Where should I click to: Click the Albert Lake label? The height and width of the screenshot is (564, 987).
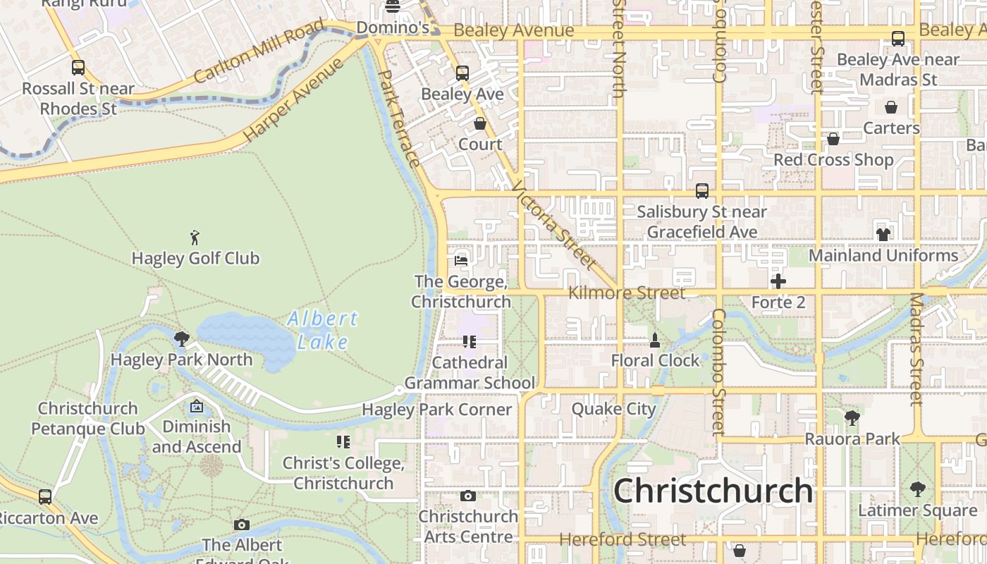point(322,330)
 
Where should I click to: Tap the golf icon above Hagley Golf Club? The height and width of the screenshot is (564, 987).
point(195,238)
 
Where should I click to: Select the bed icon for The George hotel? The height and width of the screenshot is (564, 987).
point(461,260)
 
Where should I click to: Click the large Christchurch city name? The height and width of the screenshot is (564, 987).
point(713,491)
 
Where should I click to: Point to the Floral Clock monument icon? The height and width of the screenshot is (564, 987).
point(655,341)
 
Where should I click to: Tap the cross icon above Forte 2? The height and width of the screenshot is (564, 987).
point(778,282)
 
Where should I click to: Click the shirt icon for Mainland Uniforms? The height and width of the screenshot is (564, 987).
point(883,235)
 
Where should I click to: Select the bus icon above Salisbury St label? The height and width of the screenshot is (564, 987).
point(701,190)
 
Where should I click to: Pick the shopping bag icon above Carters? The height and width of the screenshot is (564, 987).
point(891,108)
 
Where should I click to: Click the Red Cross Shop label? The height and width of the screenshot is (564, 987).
point(833,160)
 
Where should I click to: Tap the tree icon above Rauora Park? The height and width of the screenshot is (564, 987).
point(852,418)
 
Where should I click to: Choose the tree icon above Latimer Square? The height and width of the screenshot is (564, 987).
point(917,489)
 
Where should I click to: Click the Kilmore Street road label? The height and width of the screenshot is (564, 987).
point(627,293)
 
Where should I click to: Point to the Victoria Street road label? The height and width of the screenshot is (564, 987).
point(554,225)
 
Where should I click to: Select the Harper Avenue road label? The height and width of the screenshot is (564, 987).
point(293,100)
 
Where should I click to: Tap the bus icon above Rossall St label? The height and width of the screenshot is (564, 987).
point(78,68)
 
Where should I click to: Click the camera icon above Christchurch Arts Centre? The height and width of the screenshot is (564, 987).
point(467,496)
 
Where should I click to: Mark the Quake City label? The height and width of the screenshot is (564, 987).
point(613,409)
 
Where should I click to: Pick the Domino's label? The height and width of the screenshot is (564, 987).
point(393,28)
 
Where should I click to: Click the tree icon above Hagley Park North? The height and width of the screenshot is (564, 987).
point(181,339)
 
